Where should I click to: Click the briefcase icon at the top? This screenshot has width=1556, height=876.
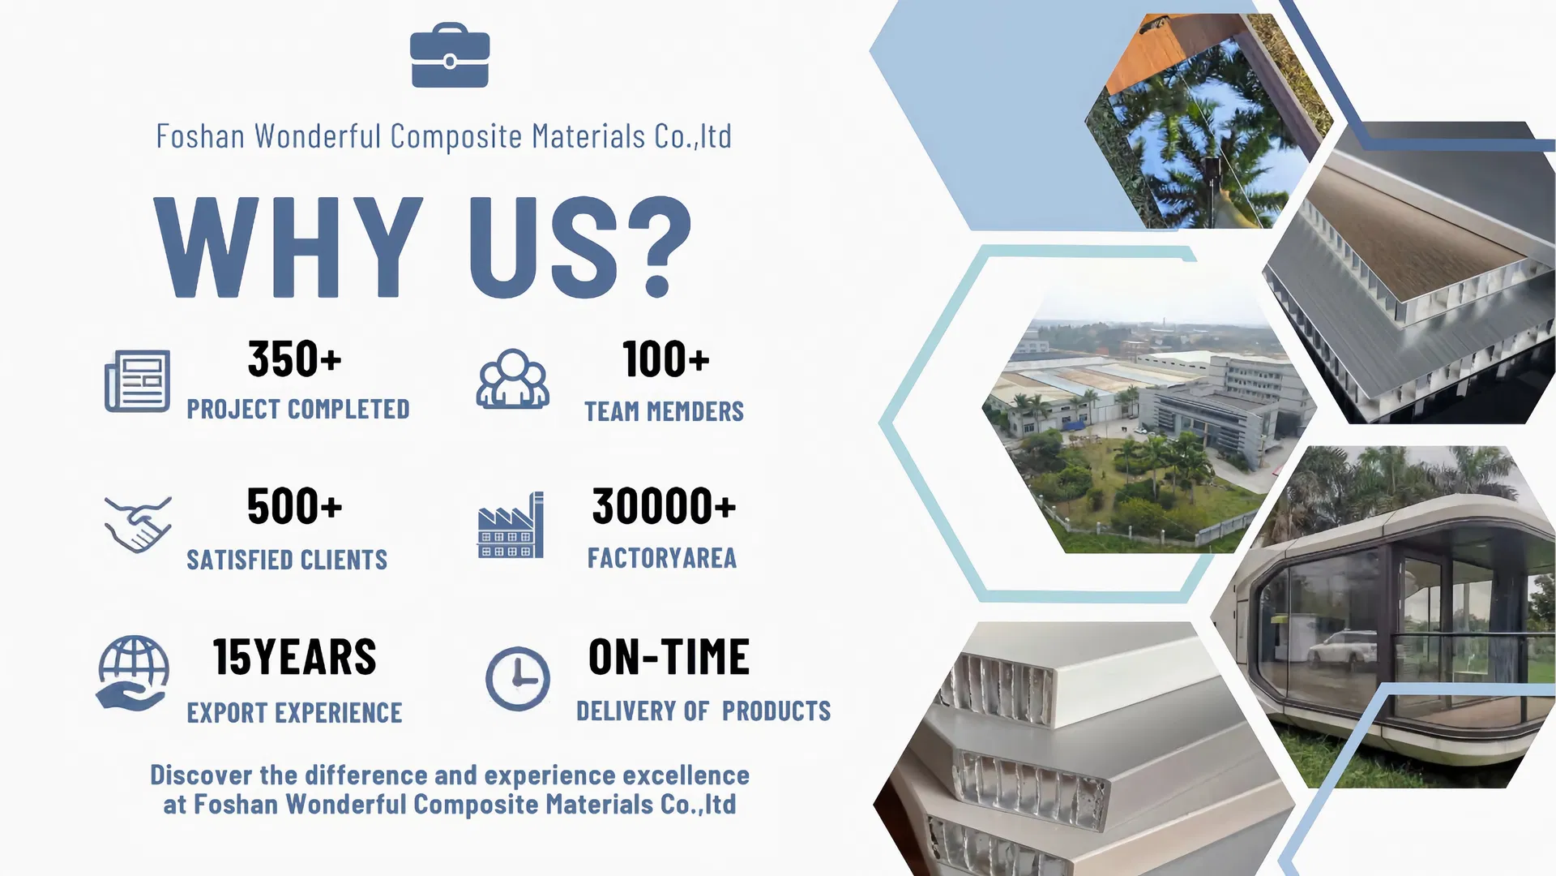click(450, 55)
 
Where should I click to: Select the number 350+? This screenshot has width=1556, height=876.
click(295, 359)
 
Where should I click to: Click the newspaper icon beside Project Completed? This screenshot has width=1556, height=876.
click(137, 380)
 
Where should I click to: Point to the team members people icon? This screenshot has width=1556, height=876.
click(512, 379)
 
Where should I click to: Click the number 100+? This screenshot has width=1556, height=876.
click(666, 359)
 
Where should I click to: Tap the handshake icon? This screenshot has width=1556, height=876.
click(138, 524)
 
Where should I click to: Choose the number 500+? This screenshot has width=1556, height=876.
click(295, 506)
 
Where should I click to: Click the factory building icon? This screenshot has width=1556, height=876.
click(511, 525)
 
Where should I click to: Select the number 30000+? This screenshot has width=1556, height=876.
click(665, 506)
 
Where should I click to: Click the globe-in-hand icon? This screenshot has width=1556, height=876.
click(134, 673)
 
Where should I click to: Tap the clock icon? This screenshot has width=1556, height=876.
click(518, 679)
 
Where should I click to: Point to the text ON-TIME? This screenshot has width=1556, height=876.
click(669, 657)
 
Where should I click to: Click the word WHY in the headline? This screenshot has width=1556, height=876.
click(289, 247)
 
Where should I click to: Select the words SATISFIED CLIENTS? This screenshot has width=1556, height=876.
click(287, 560)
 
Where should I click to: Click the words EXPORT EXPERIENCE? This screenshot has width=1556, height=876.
click(294, 713)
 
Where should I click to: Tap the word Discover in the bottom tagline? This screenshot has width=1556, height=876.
click(201, 775)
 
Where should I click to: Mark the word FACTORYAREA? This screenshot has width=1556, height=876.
click(662, 558)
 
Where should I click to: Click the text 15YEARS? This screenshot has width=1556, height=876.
click(295, 657)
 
